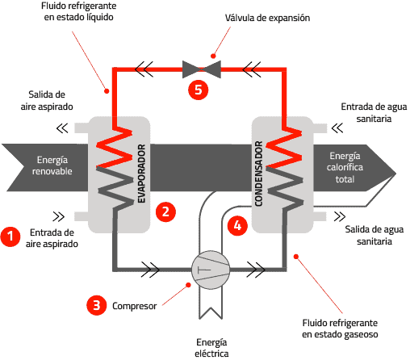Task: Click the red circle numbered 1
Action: [x=10, y=237]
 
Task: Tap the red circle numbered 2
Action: [x=165, y=211]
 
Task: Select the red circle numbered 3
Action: [x=96, y=305]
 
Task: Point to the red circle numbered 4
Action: [x=237, y=227]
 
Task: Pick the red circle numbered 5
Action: [x=198, y=90]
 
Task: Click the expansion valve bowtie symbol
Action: [x=198, y=69]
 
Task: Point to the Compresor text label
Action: [x=135, y=306]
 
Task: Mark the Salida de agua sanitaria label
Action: [x=369, y=235]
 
